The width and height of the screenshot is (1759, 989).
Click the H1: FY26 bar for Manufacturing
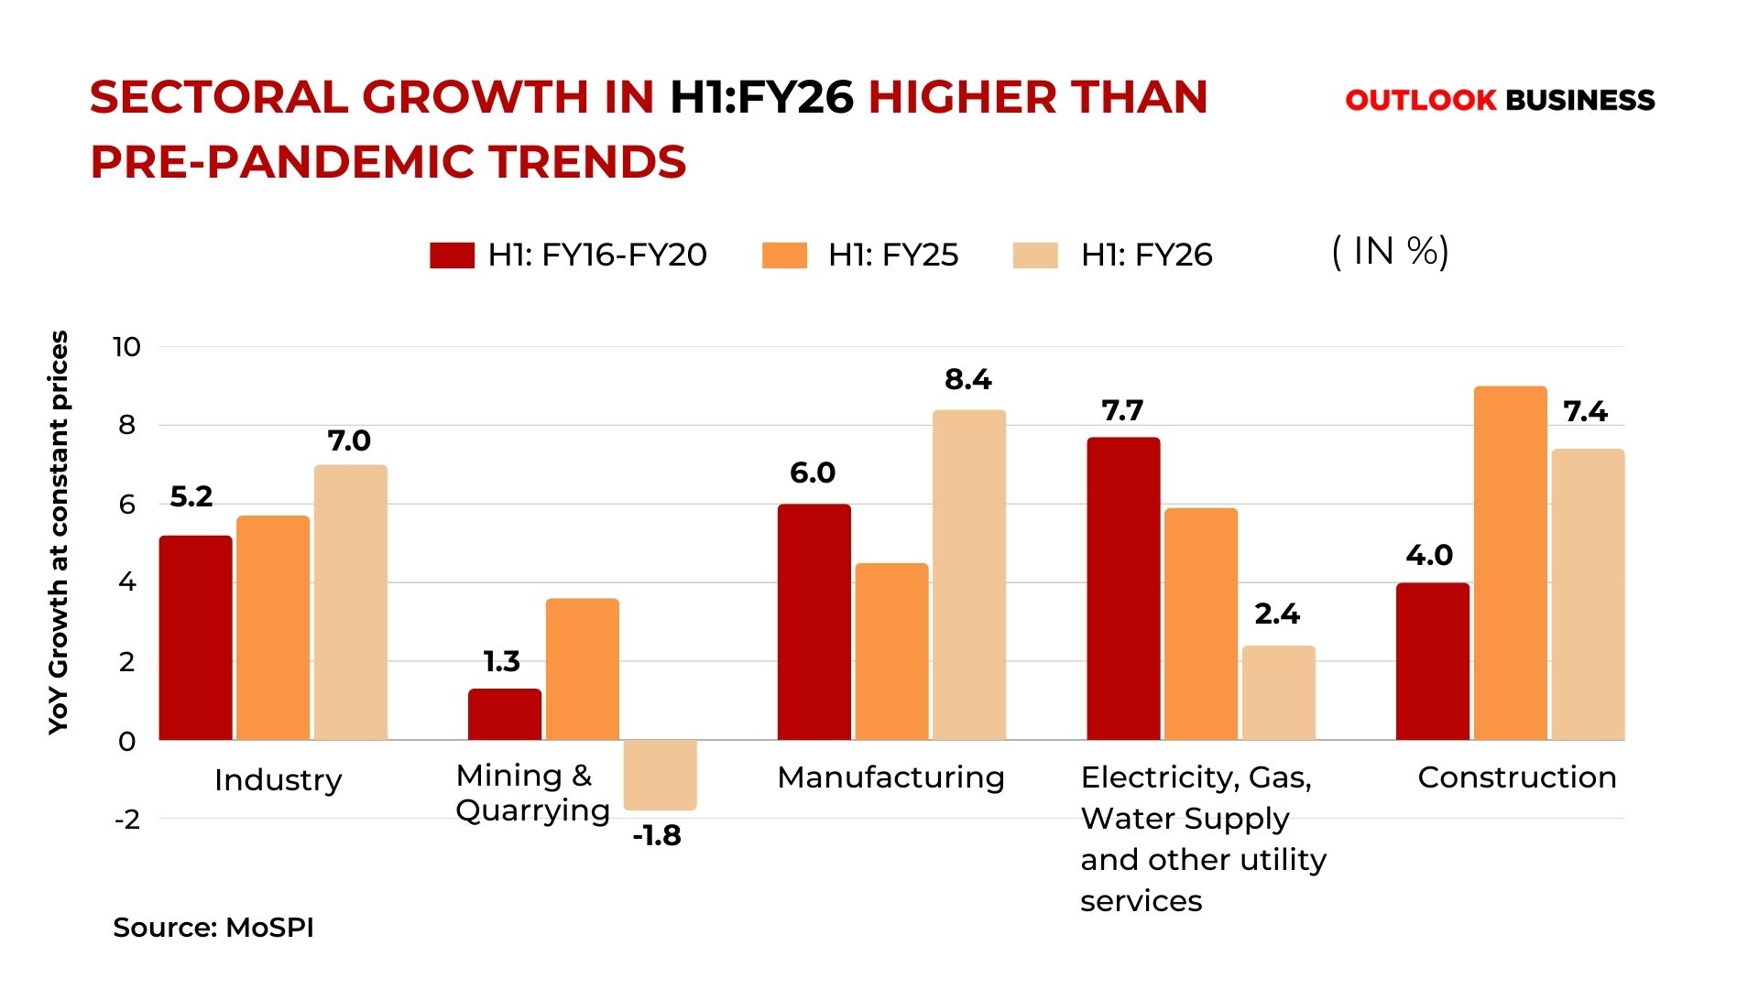968,575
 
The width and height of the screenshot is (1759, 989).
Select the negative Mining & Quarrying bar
660,775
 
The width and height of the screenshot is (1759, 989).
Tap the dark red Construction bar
1432,661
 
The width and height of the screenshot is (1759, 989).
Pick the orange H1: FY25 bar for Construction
1510,563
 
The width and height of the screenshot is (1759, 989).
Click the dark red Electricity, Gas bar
1123,588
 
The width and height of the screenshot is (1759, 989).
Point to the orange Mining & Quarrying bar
582,668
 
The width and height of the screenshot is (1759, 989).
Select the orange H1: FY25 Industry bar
273,627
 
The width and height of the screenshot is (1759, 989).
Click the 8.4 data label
967,379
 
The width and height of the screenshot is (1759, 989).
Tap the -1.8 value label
657,835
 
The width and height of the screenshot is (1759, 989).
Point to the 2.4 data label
1277,614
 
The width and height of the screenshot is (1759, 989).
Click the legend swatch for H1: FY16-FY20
452,255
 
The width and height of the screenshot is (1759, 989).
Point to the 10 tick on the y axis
126,347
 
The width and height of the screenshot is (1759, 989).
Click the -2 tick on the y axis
127,820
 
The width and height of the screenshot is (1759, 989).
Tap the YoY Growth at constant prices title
58,532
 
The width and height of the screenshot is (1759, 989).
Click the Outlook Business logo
1500,100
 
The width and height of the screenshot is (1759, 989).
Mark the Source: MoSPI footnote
213,928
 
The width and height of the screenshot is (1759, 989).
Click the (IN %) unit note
1390,252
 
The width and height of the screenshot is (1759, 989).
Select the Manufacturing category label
890,777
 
